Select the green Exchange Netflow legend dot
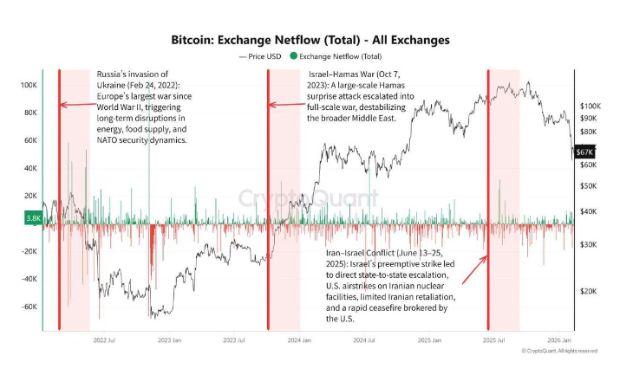[x=294, y=55]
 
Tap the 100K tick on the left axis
[x=29, y=86]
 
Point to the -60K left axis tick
[x=27, y=307]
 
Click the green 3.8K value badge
[x=34, y=218]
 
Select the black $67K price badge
[x=584, y=152]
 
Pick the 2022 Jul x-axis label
[x=105, y=340]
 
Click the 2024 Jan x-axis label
[x=300, y=340]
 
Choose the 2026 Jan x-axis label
[x=558, y=340]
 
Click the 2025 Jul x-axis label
[x=494, y=340]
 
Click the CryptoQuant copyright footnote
[x=559, y=351]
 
